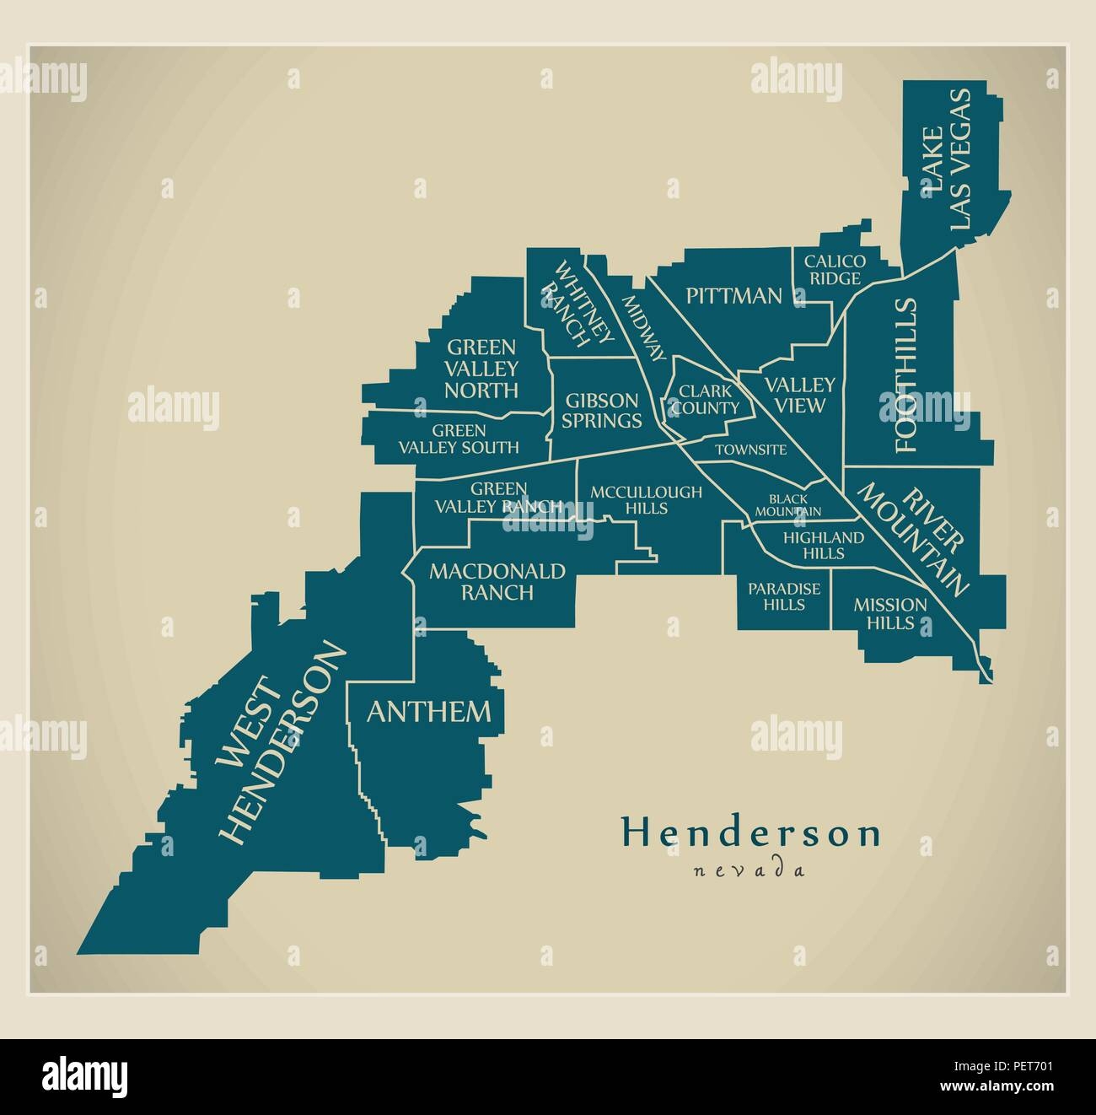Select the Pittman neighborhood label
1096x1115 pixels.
click(x=733, y=295)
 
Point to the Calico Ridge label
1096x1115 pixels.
click(x=832, y=270)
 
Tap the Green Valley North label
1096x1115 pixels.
click(x=481, y=369)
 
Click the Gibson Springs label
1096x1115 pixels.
click(x=601, y=410)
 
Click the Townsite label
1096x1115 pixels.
click(x=750, y=450)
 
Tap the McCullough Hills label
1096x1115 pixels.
click(x=645, y=499)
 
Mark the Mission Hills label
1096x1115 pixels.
click(x=889, y=613)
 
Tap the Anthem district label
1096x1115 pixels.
click(x=428, y=711)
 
